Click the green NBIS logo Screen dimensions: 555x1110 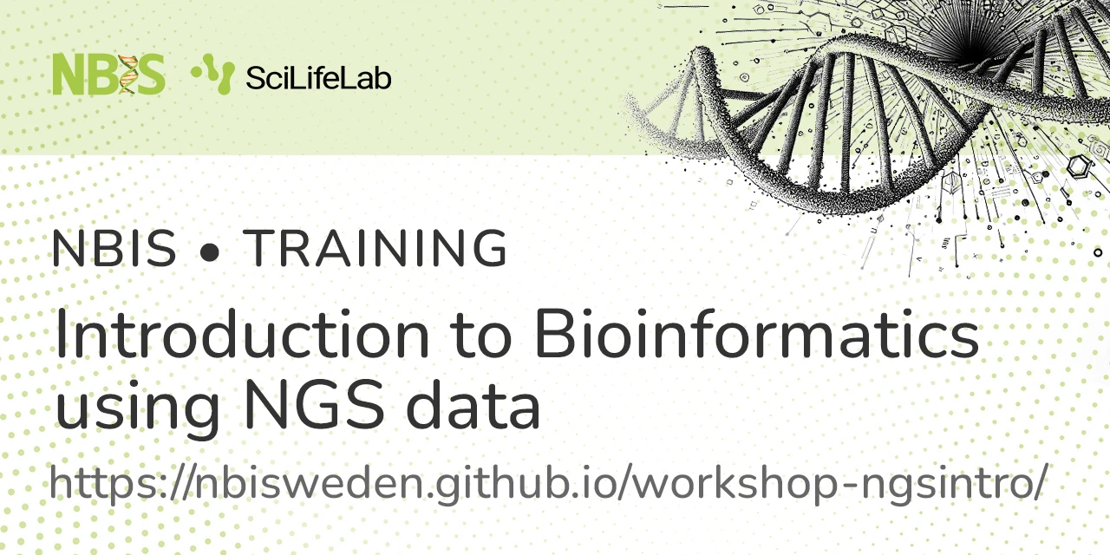click(108, 75)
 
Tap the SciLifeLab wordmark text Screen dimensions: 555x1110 click(318, 79)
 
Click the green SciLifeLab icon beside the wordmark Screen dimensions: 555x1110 click(213, 74)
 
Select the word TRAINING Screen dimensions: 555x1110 click(375, 249)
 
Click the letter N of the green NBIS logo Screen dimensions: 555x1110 click(69, 75)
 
